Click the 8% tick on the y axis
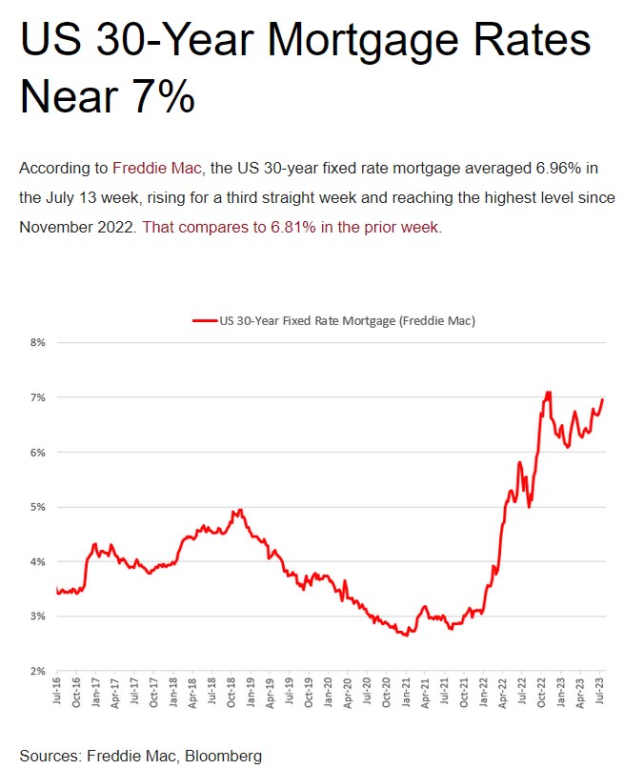pyautogui.click(x=38, y=341)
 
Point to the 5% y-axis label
pyautogui.click(x=38, y=506)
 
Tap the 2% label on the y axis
pyautogui.click(x=38, y=671)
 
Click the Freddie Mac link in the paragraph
pyautogui.click(x=156, y=168)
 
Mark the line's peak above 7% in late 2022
pyautogui.click(x=548, y=392)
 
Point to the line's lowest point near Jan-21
pyautogui.click(x=407, y=635)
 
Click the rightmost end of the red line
pyautogui.click(x=603, y=399)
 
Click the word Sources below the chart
pyautogui.click(x=50, y=756)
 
